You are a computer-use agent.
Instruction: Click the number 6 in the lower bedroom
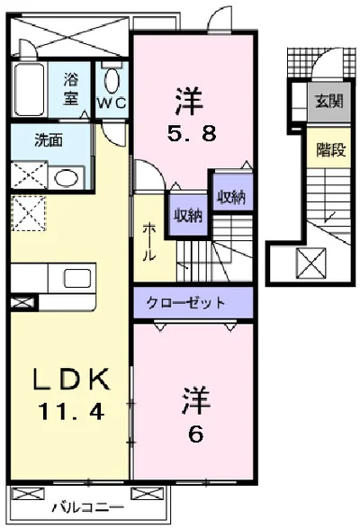195,433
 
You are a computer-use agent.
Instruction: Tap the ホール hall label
148,241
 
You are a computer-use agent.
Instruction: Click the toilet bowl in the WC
112,80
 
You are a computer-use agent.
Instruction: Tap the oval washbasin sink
65,176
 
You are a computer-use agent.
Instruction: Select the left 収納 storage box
188,215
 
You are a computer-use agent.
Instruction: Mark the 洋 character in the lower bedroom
195,398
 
